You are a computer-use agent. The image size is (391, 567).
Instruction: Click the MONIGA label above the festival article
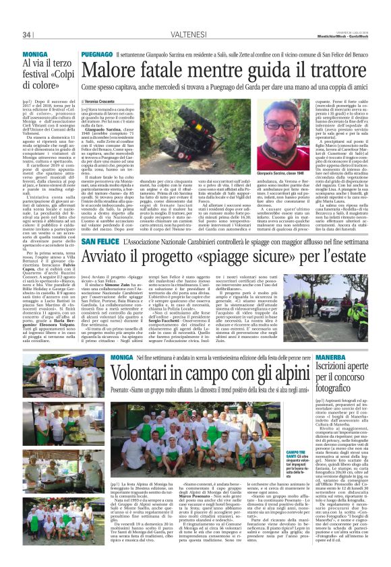pos(35,53)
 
